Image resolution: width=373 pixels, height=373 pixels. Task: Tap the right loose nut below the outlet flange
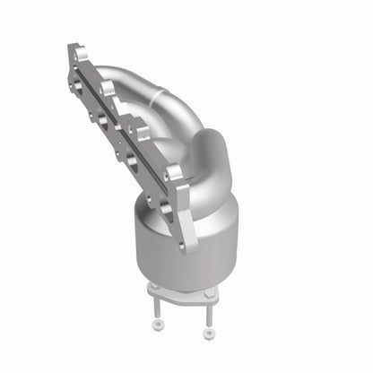click(x=208, y=332)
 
